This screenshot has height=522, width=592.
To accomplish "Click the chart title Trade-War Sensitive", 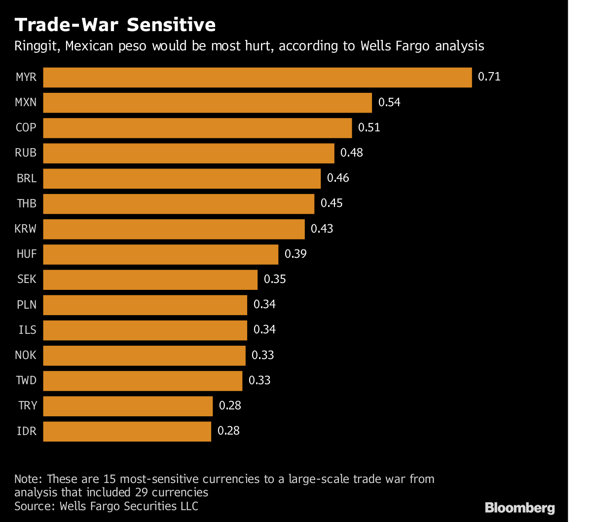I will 115,25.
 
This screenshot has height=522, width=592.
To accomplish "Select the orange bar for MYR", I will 258,78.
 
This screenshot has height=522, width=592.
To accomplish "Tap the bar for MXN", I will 207,103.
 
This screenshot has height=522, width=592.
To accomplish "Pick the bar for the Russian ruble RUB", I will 188,153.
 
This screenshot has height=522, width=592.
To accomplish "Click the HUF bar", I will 161,254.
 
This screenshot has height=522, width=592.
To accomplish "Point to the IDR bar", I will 127,431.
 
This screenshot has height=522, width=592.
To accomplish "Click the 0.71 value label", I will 489,77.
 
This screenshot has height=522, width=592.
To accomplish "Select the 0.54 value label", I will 389,103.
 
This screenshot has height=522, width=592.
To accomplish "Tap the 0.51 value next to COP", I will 369,128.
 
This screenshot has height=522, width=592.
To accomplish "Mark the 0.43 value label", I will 322,229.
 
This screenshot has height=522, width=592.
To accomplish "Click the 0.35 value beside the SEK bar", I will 275,280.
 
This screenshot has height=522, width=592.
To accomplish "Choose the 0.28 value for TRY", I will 230,406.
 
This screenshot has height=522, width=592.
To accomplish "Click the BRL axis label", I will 27,178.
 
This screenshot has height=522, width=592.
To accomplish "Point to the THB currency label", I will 27,203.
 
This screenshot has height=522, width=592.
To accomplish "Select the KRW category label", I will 26,229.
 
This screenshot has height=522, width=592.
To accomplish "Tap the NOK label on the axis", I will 27,355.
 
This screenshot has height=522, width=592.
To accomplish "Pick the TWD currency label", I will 26,381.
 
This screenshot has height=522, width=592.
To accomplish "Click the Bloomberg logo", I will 520,508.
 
